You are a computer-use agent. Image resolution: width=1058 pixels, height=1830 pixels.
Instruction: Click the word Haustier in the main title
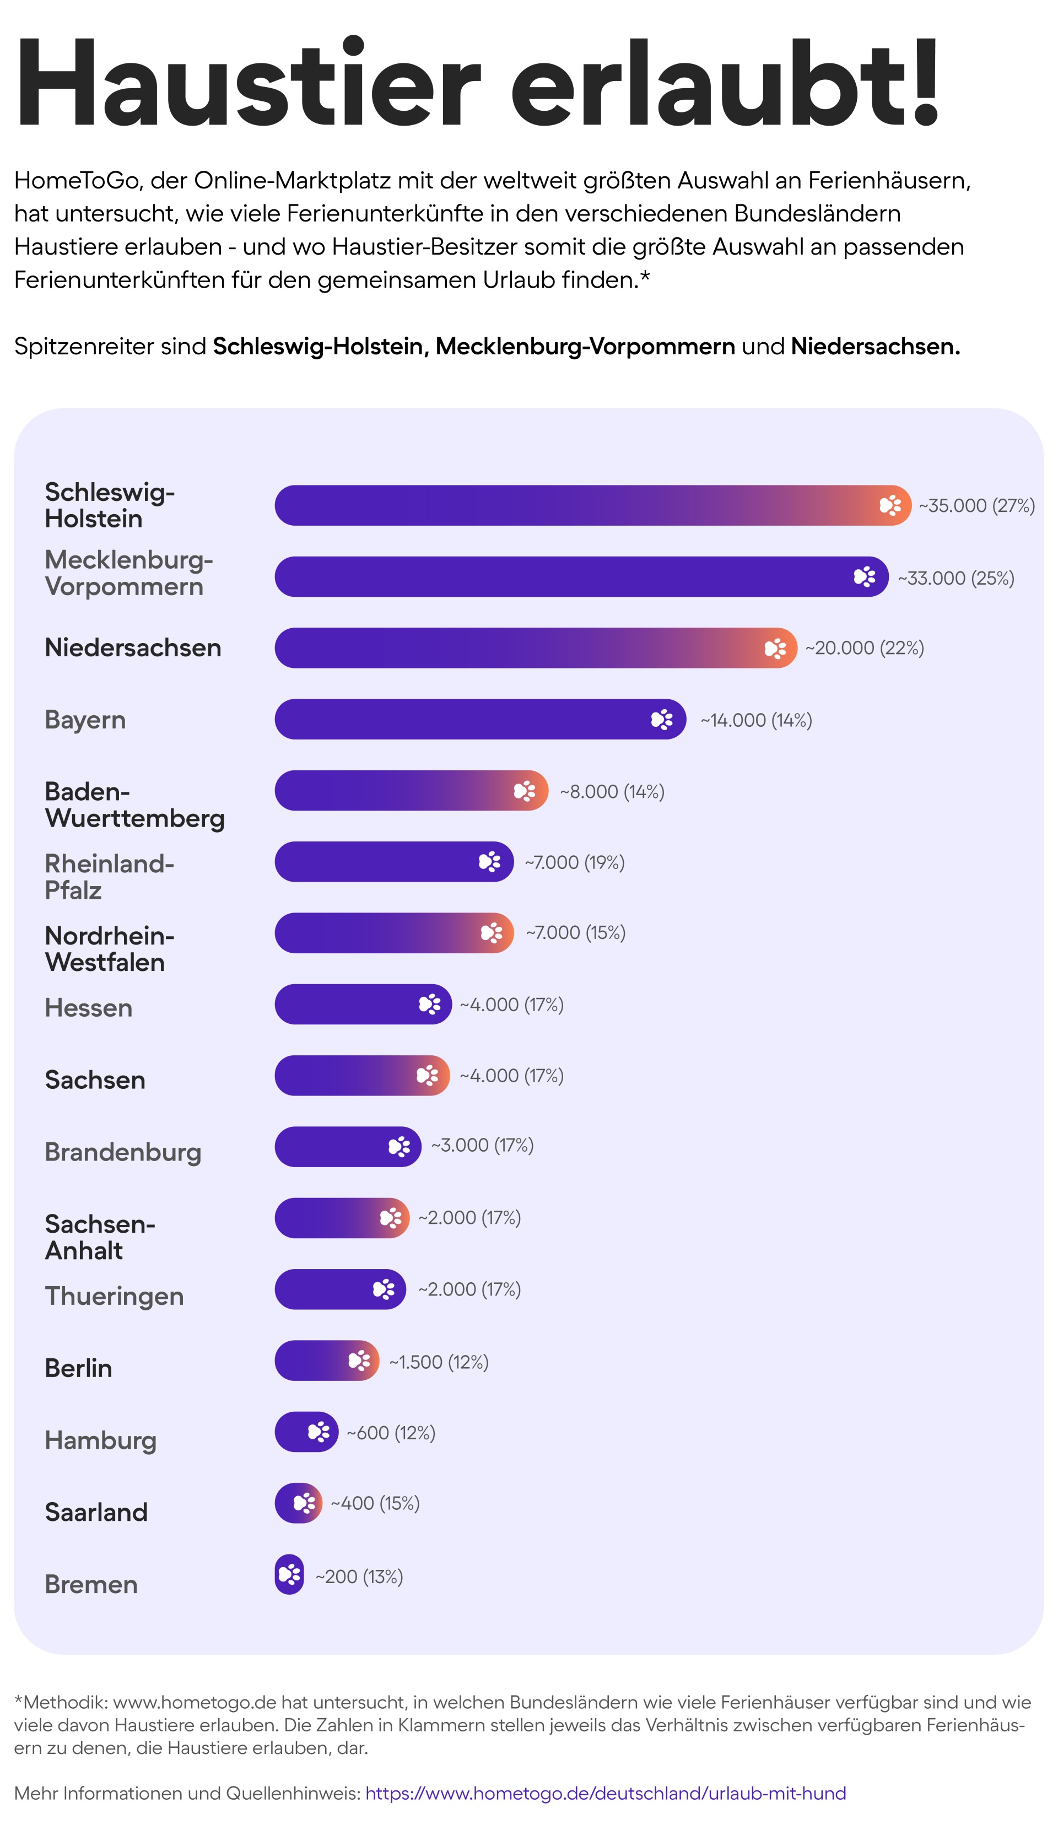click(247, 84)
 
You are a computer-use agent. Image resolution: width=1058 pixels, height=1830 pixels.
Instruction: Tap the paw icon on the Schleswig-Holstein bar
click(889, 505)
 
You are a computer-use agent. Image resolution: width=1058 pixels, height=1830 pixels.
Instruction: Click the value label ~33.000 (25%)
click(956, 578)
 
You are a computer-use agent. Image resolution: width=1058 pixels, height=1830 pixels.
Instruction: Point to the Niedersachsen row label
click(133, 648)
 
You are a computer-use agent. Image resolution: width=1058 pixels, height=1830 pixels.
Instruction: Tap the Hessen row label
click(89, 1008)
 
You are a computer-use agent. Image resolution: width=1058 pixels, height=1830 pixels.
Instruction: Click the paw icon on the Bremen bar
click(289, 1574)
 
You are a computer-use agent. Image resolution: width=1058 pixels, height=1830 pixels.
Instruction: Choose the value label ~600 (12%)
click(391, 1433)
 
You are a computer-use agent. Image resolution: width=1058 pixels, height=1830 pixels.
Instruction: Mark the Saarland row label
click(96, 1512)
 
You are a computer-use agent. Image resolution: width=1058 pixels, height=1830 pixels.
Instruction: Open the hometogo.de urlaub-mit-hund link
click(605, 1793)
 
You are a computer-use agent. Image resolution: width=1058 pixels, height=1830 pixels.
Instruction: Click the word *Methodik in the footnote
click(61, 1702)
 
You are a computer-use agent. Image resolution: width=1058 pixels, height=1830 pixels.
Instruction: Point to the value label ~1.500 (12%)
click(439, 1362)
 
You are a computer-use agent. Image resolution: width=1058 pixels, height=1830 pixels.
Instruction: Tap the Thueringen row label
click(114, 1296)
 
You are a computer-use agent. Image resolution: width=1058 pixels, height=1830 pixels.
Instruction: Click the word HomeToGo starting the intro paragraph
click(76, 180)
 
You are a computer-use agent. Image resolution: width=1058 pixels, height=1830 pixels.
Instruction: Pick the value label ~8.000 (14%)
click(612, 791)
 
